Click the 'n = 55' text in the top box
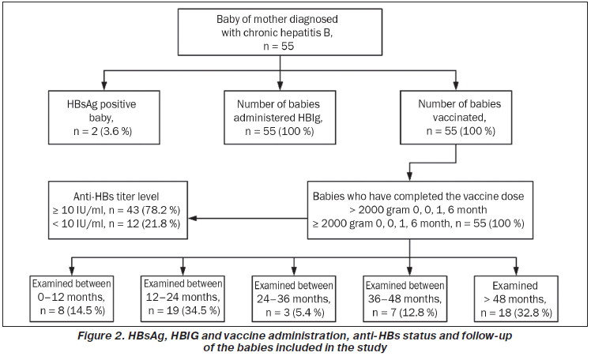coord(279,47)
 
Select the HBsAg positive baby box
coord(104,117)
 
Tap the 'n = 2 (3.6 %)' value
coord(103,131)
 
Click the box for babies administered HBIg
coord(280,117)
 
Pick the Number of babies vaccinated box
coord(456,117)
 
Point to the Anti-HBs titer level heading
coord(116,197)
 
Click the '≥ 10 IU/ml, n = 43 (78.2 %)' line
coord(116,210)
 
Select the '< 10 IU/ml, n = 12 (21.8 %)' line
coord(116,223)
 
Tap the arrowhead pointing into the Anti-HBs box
coord(192,218)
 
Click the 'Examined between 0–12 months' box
coord(72,298)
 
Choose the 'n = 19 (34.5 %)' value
coord(184,311)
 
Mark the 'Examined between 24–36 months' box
coord(294,298)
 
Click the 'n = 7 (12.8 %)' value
coord(405,313)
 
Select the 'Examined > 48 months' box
coord(516,298)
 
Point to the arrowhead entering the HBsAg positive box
coord(104,86)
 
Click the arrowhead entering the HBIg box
coord(280,86)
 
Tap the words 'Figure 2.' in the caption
coord(101,336)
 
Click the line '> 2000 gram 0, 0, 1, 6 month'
coord(418,210)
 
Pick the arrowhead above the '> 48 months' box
coord(516,271)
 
